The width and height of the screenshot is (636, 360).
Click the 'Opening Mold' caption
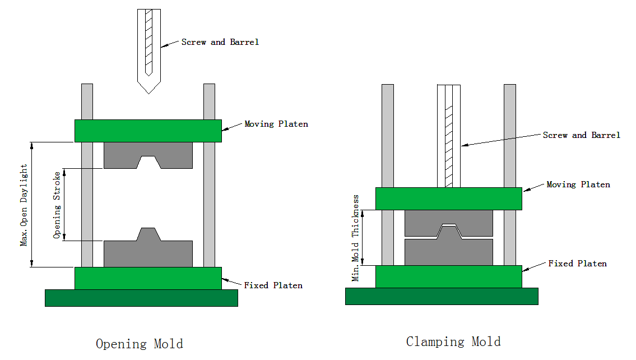(139, 344)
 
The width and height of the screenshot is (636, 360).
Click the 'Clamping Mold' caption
(453, 341)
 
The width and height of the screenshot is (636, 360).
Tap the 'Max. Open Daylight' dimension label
(24, 205)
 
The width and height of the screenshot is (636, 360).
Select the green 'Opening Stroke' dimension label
(57, 205)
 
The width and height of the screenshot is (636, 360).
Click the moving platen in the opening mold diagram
(148, 131)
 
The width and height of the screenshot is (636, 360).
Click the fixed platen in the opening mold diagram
(148, 278)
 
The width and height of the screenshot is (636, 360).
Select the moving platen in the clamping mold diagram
(448, 199)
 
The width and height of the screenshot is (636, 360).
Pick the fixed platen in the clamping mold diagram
(448, 276)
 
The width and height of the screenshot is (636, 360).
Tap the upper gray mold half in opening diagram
(120, 154)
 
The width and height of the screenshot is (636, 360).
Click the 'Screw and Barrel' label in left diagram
(220, 42)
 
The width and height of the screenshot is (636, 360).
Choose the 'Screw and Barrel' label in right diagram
(582, 135)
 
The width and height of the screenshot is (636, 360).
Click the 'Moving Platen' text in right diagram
(578, 184)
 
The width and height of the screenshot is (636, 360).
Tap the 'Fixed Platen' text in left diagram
(273, 285)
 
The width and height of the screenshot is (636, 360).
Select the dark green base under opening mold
(141, 298)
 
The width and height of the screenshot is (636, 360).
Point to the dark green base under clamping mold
(442, 296)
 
